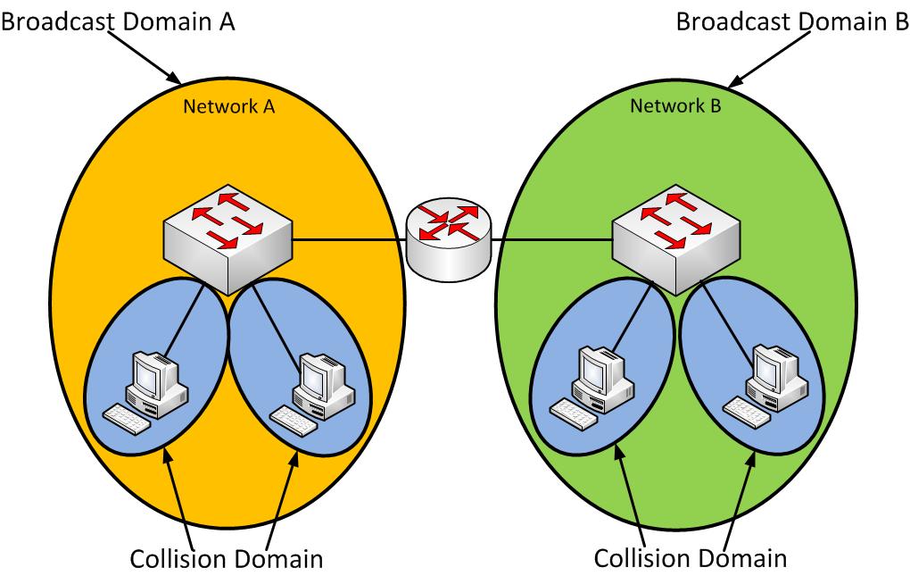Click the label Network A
pos(228,107)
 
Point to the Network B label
pos(675,107)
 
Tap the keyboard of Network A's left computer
pos(128,418)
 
